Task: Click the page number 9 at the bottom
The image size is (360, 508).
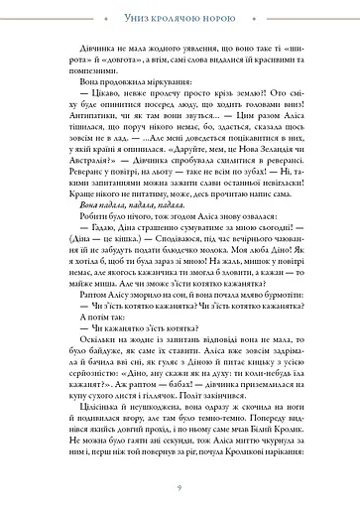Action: click(x=180, y=487)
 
